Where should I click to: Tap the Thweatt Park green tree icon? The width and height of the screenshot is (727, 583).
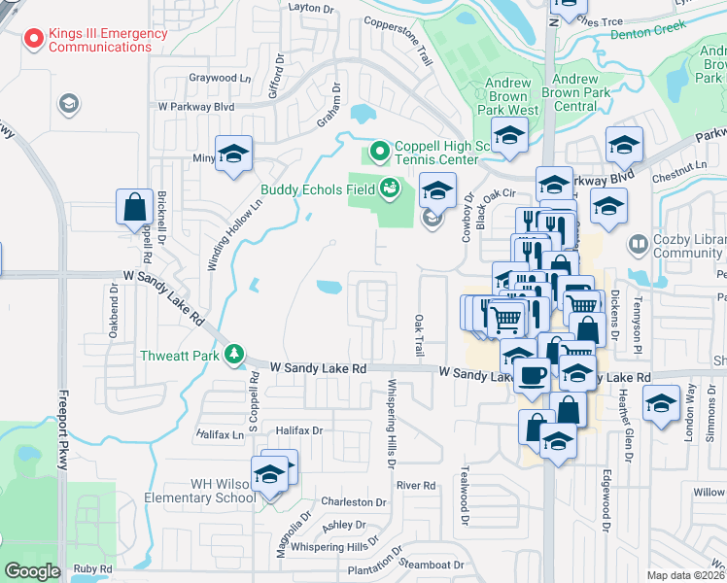coord(232,355)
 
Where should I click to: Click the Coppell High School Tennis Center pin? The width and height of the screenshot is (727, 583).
coord(379,152)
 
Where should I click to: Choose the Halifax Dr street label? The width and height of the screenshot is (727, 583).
coord(298,429)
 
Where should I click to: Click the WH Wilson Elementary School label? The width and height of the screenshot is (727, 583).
coord(190,490)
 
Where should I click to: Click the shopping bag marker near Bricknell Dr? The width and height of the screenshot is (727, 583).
coord(135,207)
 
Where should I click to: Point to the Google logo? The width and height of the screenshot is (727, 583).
coord(32,571)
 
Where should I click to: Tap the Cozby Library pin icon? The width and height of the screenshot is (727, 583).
coord(639,244)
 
